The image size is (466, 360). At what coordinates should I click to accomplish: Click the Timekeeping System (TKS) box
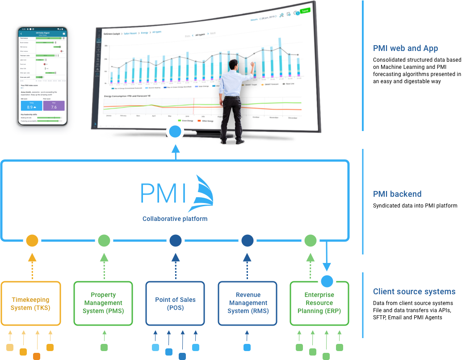[x=30, y=303]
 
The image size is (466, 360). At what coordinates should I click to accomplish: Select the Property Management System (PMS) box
[x=103, y=303]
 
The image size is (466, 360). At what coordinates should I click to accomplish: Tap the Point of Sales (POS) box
[x=175, y=303]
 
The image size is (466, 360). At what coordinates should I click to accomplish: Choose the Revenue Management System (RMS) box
[x=248, y=303]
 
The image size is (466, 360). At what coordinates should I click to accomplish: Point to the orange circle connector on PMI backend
[x=32, y=241]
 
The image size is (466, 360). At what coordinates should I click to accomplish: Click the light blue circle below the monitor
[x=175, y=131]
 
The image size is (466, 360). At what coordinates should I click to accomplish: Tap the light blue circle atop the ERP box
[x=327, y=281]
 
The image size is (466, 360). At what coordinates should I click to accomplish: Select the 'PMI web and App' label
[x=405, y=48]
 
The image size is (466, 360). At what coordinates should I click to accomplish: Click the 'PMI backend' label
[x=397, y=194]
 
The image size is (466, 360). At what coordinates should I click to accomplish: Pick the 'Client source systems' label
[x=414, y=292]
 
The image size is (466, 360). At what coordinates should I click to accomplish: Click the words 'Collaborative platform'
[x=175, y=219]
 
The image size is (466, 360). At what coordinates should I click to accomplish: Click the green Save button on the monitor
[x=305, y=10]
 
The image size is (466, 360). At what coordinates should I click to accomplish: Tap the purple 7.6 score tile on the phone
[x=54, y=106]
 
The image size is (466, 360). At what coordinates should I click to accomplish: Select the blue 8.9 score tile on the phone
[x=31, y=106]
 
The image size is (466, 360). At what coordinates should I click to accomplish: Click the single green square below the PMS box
[x=104, y=347]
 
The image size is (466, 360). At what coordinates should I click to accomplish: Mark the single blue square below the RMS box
[x=247, y=347]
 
